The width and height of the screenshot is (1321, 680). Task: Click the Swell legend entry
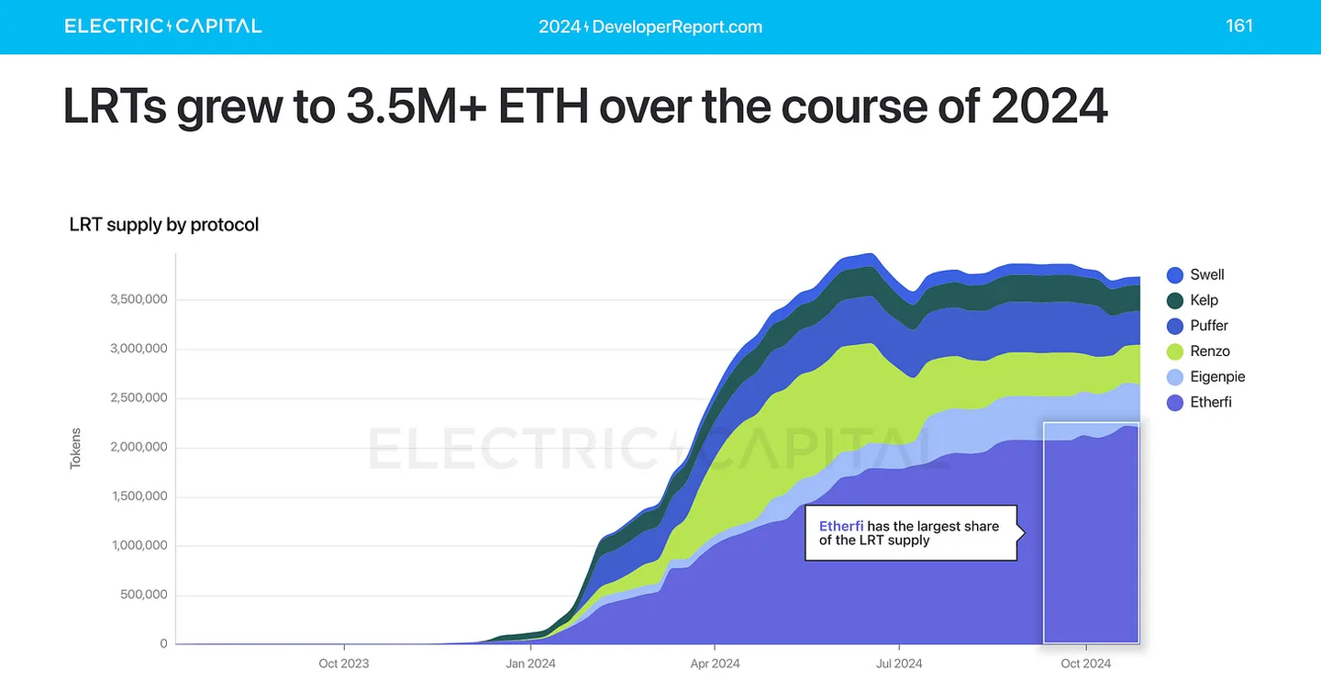pyautogui.click(x=1196, y=274)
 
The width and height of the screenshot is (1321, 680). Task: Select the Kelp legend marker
pyautogui.click(x=1175, y=300)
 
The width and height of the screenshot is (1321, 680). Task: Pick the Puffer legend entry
pyautogui.click(x=1198, y=326)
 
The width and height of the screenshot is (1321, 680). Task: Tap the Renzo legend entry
pyautogui.click(x=1198, y=351)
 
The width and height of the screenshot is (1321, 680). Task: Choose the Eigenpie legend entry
pyautogui.click(x=1205, y=377)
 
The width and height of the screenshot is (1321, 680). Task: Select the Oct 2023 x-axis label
pyautogui.click(x=343, y=663)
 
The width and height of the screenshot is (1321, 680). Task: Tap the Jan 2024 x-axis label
pyautogui.click(x=529, y=663)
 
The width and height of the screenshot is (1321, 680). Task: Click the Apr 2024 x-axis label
pyautogui.click(x=714, y=663)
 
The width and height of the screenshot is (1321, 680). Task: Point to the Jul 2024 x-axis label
pyautogui.click(x=899, y=663)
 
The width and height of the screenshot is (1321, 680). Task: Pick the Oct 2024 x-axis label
pyautogui.click(x=1085, y=663)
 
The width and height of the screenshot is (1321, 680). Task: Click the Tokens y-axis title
pyautogui.click(x=76, y=448)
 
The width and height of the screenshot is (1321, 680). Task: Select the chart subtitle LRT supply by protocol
pyautogui.click(x=164, y=225)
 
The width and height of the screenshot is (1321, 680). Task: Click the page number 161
pyautogui.click(x=1239, y=26)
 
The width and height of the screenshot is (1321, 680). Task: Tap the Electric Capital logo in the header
pyautogui.click(x=163, y=26)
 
